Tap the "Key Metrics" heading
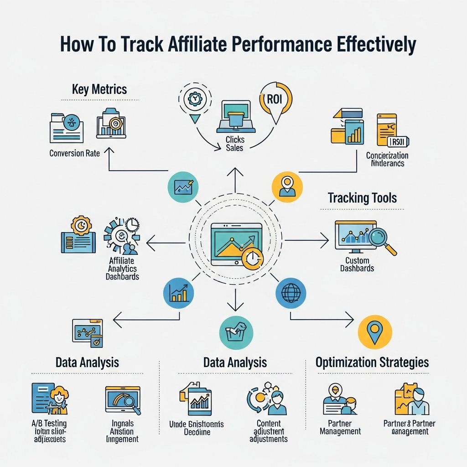99,89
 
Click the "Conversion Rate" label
74,153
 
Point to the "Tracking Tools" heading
362,198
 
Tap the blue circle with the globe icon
291,293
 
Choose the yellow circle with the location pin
374,332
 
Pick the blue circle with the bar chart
178,293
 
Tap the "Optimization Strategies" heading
372,363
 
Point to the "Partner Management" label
340,427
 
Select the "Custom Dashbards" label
357,264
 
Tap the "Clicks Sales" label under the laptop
235,144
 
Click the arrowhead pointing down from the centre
234,308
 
